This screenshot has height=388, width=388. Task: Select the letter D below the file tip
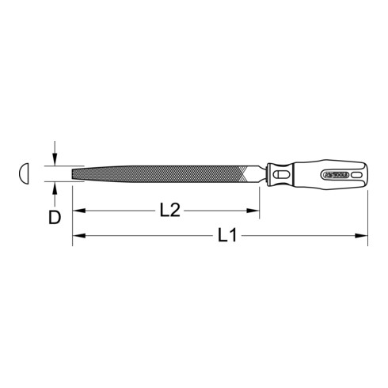click(x=55, y=217)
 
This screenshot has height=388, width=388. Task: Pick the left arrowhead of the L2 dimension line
click(x=77, y=211)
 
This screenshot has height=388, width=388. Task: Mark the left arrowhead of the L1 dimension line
click(x=77, y=235)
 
